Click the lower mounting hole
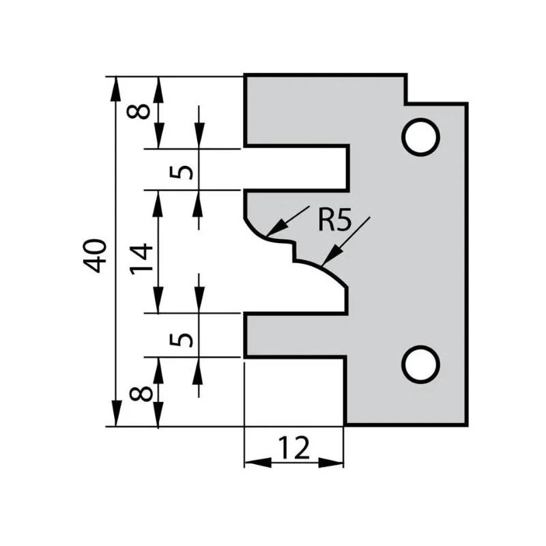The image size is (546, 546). (420, 365)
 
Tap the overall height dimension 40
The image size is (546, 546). (94, 255)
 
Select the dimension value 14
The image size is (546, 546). (141, 259)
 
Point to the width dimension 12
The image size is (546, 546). (293, 448)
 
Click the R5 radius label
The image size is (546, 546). (335, 220)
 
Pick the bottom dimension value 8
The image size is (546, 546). (141, 394)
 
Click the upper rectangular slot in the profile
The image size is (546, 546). (296, 169)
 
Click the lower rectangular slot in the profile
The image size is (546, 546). (296, 335)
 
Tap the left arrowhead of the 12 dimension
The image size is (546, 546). (258, 463)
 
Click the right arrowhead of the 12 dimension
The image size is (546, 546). (331, 463)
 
